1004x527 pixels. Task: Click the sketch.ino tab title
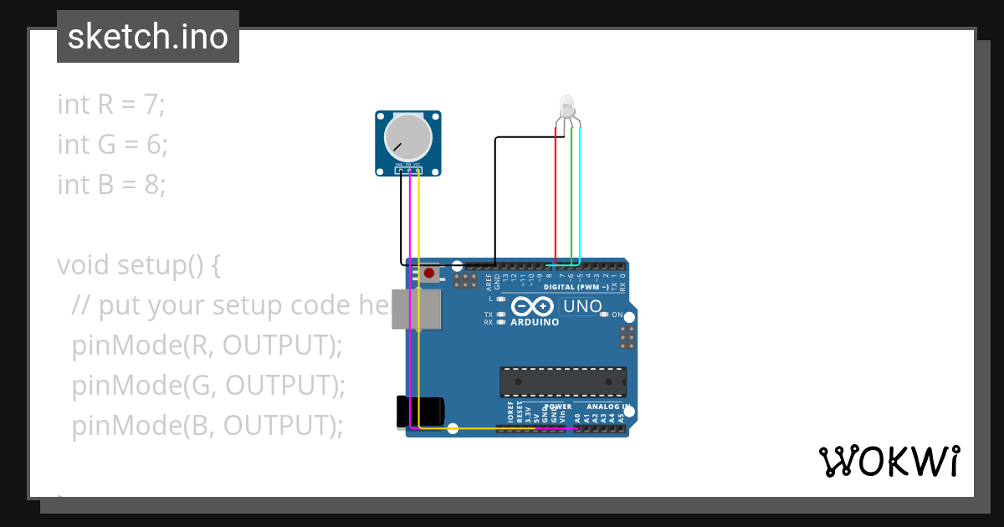click(x=147, y=37)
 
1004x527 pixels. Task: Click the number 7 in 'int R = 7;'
click(x=152, y=105)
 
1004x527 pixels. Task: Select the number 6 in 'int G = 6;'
click(x=155, y=145)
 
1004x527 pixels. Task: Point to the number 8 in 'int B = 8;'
click(x=153, y=184)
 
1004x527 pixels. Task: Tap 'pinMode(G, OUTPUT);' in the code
click(x=208, y=386)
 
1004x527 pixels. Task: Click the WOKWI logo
click(x=889, y=461)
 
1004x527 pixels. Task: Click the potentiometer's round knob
click(x=407, y=137)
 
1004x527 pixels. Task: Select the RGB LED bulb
click(x=566, y=105)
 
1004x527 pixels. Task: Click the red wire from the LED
click(x=556, y=192)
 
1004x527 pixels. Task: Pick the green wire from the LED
click(x=571, y=192)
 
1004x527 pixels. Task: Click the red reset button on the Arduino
click(x=429, y=273)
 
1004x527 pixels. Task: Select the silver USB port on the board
click(x=427, y=309)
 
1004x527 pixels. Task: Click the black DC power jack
click(x=421, y=412)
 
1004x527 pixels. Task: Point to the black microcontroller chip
click(x=562, y=381)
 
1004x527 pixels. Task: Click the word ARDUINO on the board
click(x=534, y=322)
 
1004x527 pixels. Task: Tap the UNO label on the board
click(x=582, y=306)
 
